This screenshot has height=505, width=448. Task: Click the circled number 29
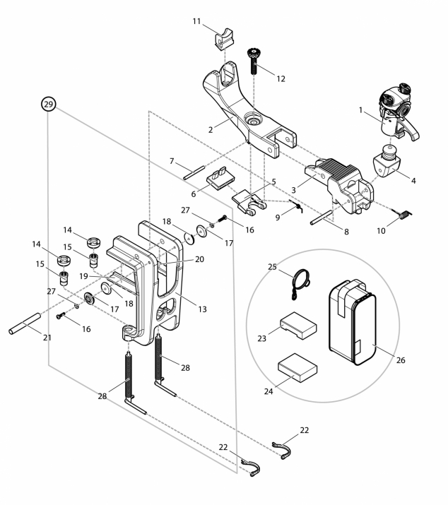click(48, 105)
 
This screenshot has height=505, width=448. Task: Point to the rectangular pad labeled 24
click(297, 367)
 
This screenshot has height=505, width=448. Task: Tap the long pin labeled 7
click(194, 170)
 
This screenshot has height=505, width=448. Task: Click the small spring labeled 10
click(403, 211)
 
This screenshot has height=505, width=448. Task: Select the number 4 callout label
click(414, 180)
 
